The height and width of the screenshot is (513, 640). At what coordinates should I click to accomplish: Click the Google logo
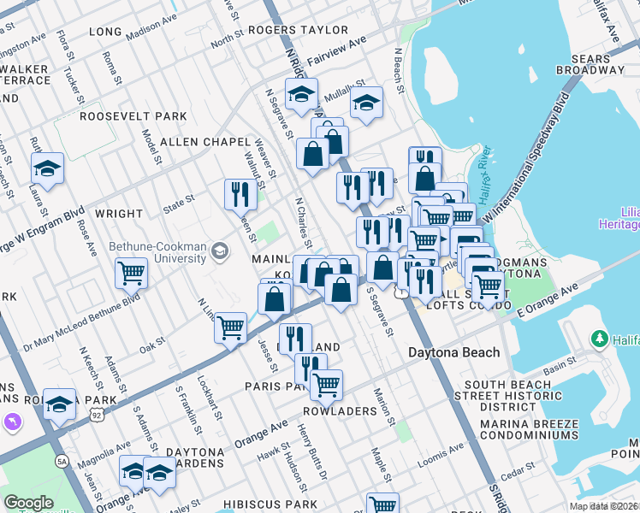click(x=28, y=503)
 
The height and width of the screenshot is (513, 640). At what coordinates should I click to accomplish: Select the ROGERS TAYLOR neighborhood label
click(x=287, y=29)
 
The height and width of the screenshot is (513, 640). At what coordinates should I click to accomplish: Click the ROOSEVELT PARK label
click(x=133, y=116)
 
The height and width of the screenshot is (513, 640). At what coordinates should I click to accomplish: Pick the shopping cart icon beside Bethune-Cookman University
click(x=132, y=274)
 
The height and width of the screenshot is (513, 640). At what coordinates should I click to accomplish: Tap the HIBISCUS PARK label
click(x=264, y=505)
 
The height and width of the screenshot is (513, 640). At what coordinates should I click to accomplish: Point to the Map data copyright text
click(x=604, y=506)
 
